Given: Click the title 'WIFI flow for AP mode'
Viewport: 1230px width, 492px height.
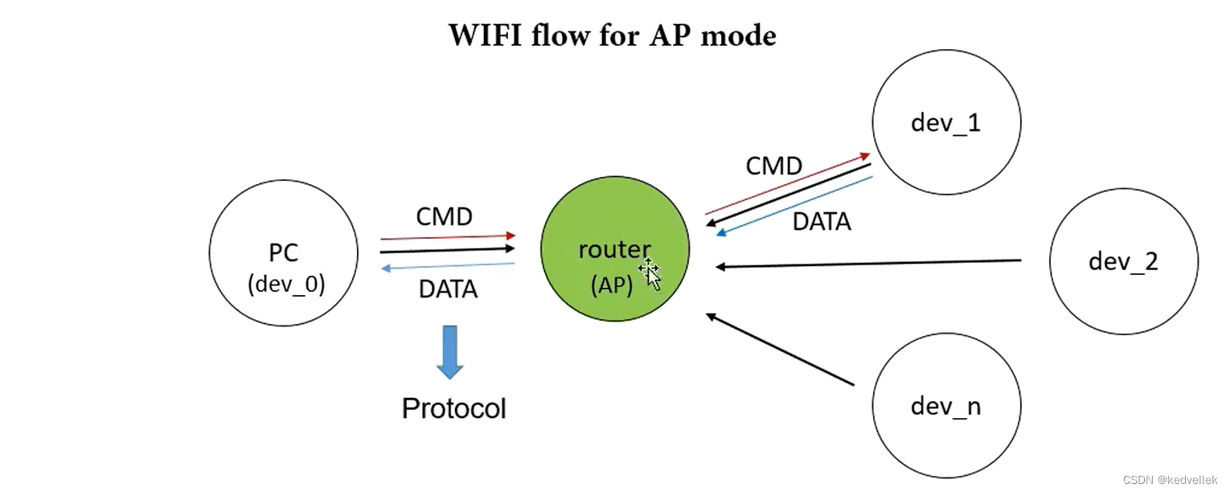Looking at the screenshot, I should tap(612, 36).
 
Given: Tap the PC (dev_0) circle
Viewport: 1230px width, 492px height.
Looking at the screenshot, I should tap(283, 252).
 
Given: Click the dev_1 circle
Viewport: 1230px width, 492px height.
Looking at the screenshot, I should tap(946, 121).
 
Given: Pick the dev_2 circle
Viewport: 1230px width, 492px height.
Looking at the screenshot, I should tap(1123, 262).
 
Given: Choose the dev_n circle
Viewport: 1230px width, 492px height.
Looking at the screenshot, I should tap(946, 406).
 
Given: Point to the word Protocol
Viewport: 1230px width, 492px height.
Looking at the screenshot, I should tap(454, 408).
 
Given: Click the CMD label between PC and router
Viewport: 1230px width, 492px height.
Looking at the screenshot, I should tap(444, 217).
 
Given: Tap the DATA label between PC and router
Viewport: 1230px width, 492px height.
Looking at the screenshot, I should tap(448, 289).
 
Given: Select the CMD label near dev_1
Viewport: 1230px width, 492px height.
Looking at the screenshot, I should tap(773, 166).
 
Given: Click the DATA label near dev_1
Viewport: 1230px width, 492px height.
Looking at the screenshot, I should tap(822, 222).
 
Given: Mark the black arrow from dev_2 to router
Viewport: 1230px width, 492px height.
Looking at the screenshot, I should tap(868, 264).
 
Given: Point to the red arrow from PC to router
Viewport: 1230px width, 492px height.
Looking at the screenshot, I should tap(448, 237).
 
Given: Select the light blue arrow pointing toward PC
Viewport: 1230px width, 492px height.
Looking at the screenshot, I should tap(448, 267).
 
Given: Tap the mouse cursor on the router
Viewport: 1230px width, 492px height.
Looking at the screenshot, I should tap(650, 274).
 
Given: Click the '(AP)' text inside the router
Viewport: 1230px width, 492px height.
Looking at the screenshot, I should tap(611, 285).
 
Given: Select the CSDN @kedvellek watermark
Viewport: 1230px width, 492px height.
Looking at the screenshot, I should tap(1170, 480).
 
